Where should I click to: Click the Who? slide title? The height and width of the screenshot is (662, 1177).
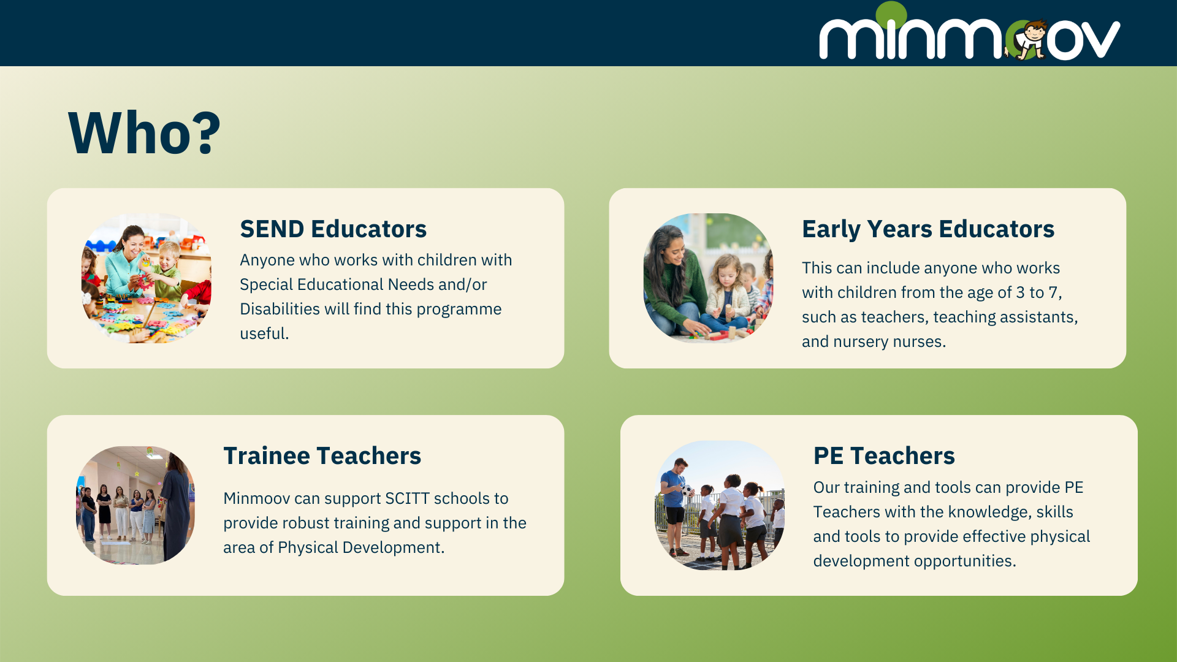(x=144, y=132)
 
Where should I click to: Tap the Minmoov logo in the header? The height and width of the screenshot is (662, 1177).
(x=970, y=32)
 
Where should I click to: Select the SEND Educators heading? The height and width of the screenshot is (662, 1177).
(x=333, y=229)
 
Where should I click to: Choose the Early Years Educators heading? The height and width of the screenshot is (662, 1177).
(x=928, y=229)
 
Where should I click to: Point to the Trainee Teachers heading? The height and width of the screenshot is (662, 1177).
(x=322, y=455)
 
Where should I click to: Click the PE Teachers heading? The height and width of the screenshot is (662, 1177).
(x=884, y=455)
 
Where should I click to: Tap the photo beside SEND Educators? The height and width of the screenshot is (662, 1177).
(x=146, y=278)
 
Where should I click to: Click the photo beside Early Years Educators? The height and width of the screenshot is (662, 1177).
(x=708, y=278)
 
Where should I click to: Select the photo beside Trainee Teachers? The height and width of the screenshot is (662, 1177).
(x=135, y=505)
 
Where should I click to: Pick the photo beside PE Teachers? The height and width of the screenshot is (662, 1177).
(x=720, y=505)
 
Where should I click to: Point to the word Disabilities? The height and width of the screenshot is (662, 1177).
(x=280, y=309)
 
